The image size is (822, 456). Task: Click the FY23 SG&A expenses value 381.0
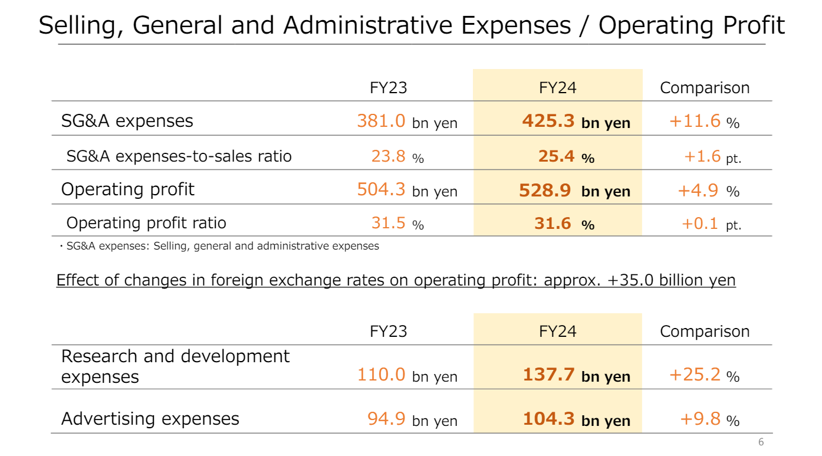click(380, 121)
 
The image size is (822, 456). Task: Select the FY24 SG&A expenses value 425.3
click(548, 121)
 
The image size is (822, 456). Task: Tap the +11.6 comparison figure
click(695, 121)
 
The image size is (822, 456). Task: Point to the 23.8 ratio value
click(388, 156)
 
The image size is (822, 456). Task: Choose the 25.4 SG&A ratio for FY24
click(556, 156)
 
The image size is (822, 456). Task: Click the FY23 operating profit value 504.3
click(380, 189)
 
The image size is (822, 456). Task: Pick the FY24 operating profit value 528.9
click(545, 189)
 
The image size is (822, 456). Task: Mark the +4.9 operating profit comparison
click(698, 189)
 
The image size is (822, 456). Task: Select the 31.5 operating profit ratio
click(388, 223)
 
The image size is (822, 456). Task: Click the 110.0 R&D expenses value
click(381, 375)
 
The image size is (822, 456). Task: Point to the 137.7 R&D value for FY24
click(548, 375)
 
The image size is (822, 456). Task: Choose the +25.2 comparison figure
click(695, 375)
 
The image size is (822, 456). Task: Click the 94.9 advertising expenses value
click(386, 419)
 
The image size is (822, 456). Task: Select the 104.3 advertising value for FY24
click(548, 419)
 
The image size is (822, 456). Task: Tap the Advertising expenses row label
click(150, 419)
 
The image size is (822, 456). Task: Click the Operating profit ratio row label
click(146, 223)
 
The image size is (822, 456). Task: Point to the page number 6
click(761, 442)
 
